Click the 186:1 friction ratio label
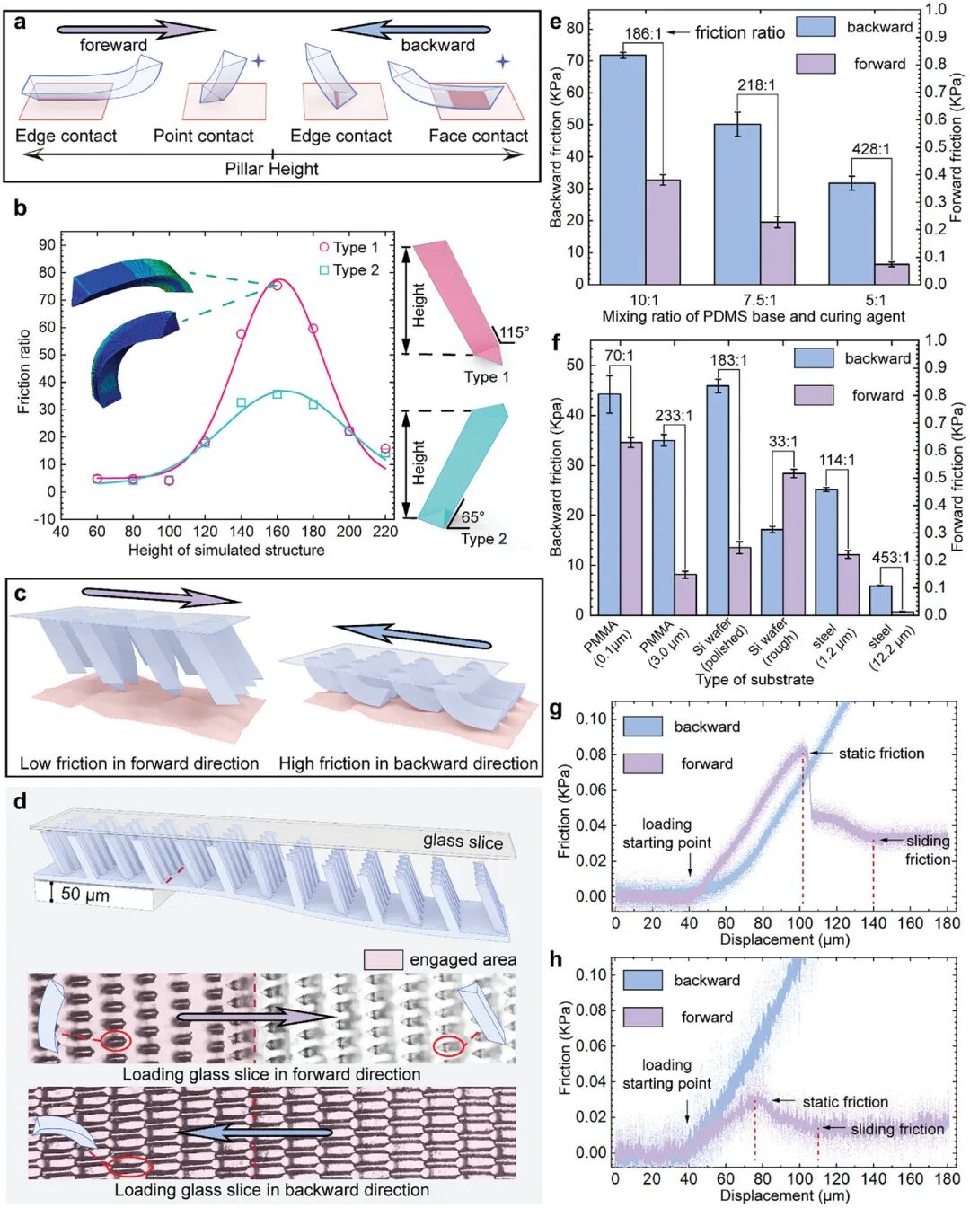(643, 34)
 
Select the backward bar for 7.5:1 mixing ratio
(737, 203)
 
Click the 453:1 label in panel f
(890, 558)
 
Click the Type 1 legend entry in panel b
(349, 247)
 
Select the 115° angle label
(514, 332)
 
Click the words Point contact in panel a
(203, 136)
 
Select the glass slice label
(463, 841)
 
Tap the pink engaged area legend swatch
(383, 959)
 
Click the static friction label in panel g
(880, 754)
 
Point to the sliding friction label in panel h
(896, 1129)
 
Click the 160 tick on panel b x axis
(277, 532)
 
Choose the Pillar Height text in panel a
(271, 169)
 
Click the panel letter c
(20, 594)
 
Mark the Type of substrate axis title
(754, 679)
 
